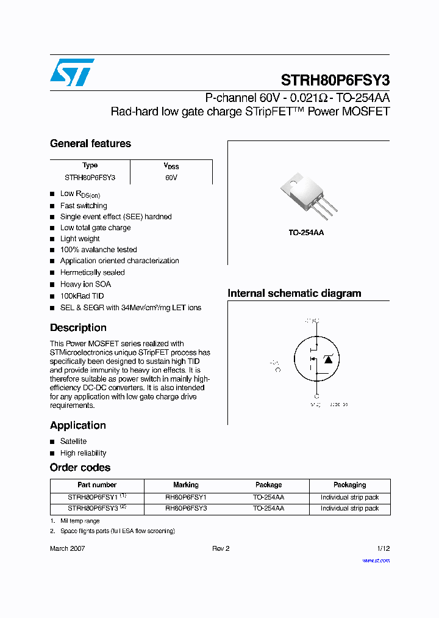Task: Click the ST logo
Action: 71,73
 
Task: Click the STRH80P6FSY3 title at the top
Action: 335,81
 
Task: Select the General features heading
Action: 90,144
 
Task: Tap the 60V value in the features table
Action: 171,178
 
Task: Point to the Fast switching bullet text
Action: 84,206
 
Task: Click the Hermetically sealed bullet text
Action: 92,272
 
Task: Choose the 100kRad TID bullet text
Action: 82,296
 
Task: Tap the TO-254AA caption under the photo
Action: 306,233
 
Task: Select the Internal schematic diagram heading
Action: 294,293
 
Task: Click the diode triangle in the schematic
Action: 328,360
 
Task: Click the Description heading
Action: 78,327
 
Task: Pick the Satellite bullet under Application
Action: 73,441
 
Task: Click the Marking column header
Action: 186,485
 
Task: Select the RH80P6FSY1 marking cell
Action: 186,497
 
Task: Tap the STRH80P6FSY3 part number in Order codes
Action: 93,508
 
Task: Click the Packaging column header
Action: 349,485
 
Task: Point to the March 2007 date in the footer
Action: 67,548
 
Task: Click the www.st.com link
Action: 376,561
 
